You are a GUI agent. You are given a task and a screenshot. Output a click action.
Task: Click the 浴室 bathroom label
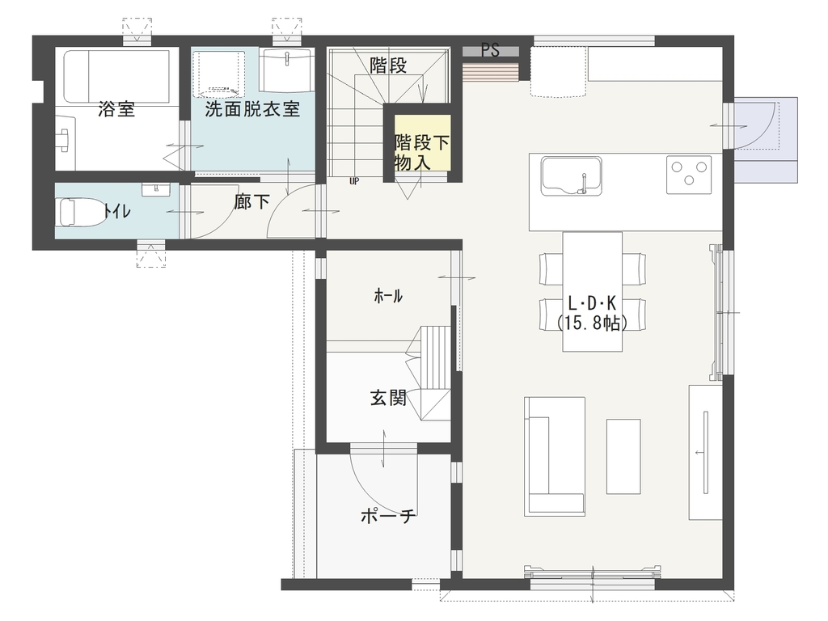coord(116,109)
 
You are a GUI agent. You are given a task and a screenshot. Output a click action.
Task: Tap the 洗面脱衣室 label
coord(252,109)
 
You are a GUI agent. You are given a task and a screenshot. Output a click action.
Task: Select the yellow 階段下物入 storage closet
coord(422,142)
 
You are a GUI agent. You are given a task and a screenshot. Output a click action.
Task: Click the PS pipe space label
coord(490,50)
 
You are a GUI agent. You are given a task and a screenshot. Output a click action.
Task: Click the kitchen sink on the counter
coord(572,175)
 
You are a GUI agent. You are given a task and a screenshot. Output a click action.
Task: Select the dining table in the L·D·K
coord(592,291)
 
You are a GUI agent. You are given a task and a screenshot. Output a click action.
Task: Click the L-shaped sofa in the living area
coord(554,456)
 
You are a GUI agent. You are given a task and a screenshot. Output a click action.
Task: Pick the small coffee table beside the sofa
coord(623,456)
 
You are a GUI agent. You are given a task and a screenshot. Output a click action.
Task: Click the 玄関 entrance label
coord(388,398)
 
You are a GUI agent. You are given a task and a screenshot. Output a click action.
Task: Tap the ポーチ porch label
coord(389,515)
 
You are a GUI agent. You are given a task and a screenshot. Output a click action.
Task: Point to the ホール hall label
coord(388,296)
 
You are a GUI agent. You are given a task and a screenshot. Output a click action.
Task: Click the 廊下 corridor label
coord(252,201)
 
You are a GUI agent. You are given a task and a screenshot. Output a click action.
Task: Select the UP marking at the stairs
coord(354,181)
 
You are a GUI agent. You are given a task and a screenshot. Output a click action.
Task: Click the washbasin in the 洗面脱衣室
coord(287,70)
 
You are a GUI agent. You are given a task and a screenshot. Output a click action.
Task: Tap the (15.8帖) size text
coord(592,322)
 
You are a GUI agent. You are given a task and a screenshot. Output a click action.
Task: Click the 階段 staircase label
coord(388,65)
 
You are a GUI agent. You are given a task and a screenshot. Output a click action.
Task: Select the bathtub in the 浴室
coord(116,77)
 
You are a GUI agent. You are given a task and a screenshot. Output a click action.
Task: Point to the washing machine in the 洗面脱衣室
coord(218,74)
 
